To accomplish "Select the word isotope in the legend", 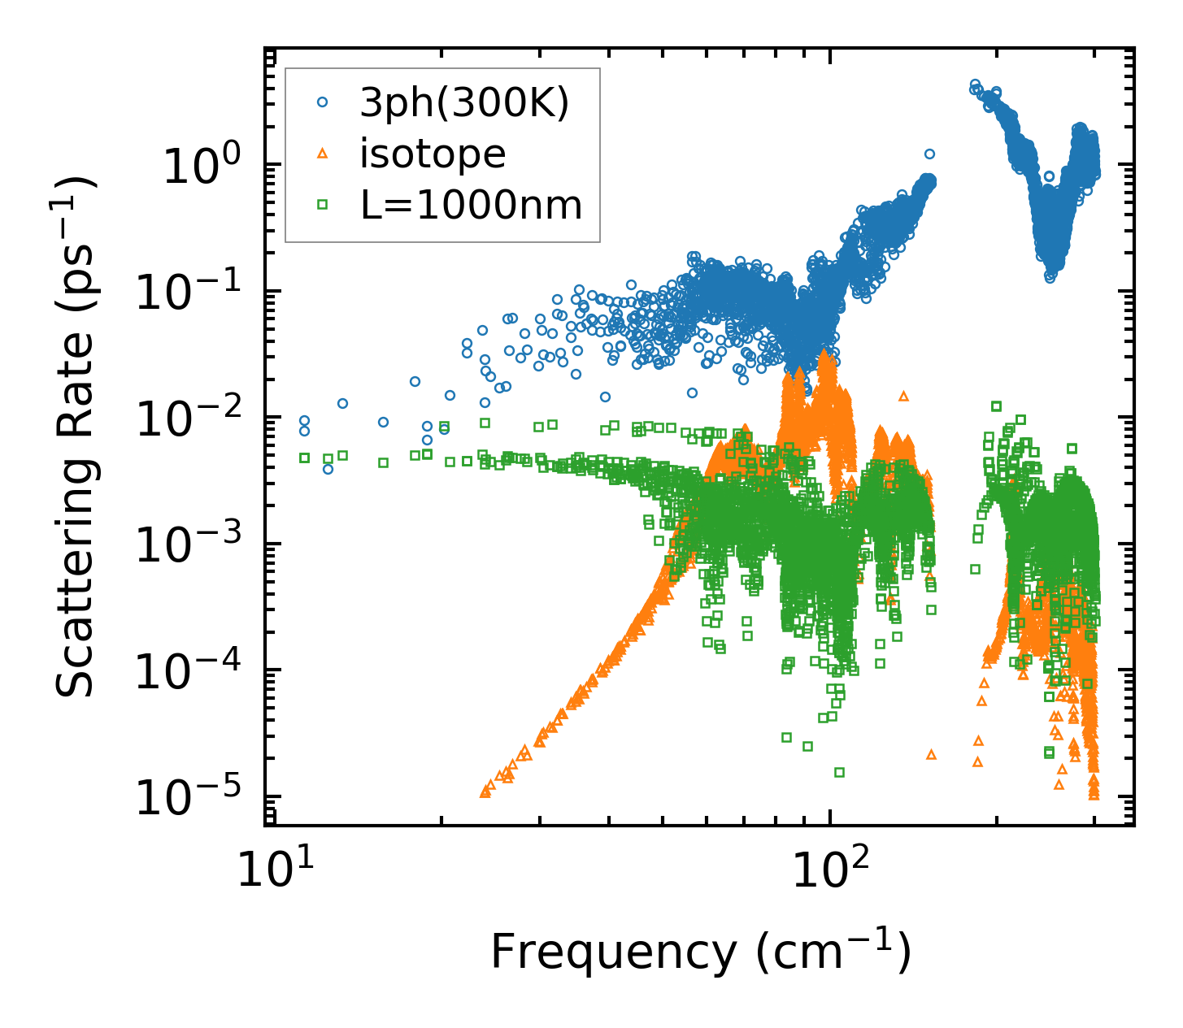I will pos(433,154).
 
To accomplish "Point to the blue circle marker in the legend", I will pos(323,102).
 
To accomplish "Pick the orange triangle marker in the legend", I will pos(323,154).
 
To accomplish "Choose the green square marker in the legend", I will pos(323,205).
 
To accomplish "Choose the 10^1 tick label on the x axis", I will pos(273,871).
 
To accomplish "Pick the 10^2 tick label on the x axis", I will pos(829,871).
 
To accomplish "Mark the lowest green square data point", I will pos(839,772).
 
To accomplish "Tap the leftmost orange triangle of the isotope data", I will pos(485,792).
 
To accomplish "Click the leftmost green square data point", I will pos(305,458).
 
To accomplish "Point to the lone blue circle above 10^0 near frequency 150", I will pos(929,154).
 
